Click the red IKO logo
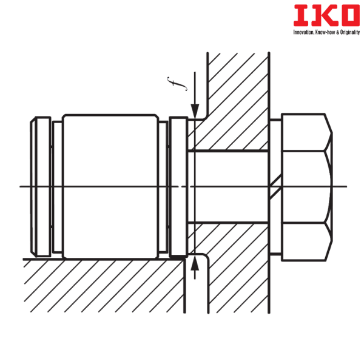pyautogui.click(x=326, y=15)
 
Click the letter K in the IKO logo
pyautogui.click(x=323, y=15)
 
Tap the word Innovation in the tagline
pyautogui.click(x=303, y=32)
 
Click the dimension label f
pyautogui.click(x=177, y=84)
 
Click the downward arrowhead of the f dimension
pyautogui.click(x=195, y=112)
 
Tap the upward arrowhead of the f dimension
pyautogui.click(x=195, y=263)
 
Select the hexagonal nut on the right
pyautogui.click(x=307, y=187)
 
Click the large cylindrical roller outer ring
pyautogui.click(x=110, y=186)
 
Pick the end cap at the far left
pyautogui.click(x=41, y=187)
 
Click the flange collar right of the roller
pyautogui.click(x=178, y=187)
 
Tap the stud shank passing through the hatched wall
pyautogui.click(x=228, y=187)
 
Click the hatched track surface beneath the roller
pyautogui.click(x=104, y=286)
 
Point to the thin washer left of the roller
pyautogui.click(x=58, y=187)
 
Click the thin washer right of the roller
pyautogui.click(x=163, y=187)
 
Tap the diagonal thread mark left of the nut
pyautogui.click(x=275, y=187)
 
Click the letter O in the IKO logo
pyautogui.click(x=349, y=15)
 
